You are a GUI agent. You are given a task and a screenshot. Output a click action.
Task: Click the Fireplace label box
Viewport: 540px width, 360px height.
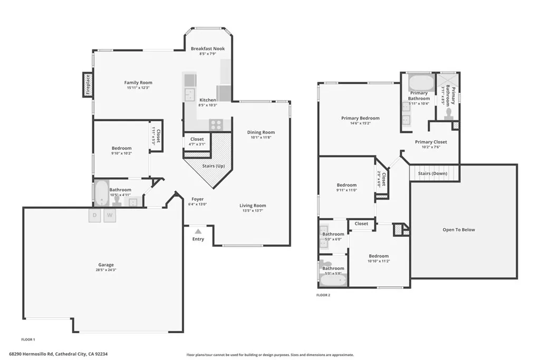coord(88,85)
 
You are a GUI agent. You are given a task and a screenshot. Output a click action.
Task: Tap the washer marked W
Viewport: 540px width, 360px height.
coord(110,215)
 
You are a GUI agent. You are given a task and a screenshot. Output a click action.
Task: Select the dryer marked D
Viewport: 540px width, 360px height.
coord(95,215)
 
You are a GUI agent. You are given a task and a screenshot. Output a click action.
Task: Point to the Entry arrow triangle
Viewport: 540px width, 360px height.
coord(198,231)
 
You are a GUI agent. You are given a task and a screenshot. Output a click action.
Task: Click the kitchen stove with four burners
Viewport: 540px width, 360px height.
coord(216,125)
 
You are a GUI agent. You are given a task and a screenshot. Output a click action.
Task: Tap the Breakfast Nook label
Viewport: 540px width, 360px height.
coord(208,48)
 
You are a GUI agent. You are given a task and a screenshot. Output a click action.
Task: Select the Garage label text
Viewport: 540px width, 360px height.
coord(106,265)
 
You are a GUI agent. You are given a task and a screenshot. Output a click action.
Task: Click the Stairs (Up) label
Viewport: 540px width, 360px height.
coord(214,166)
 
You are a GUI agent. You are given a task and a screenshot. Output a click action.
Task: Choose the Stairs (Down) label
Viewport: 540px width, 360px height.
coord(432,173)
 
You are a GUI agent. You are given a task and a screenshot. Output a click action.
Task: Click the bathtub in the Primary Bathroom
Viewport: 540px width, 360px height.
coord(420,83)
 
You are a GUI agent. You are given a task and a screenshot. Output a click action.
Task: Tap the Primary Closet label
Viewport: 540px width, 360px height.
coord(431,142)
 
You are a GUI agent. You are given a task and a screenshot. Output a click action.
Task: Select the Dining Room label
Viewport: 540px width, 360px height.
coord(261,132)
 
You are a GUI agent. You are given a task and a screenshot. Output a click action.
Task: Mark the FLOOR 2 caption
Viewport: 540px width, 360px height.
coord(323,295)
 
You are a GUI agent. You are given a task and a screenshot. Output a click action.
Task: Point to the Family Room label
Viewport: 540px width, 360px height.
coord(138,83)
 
